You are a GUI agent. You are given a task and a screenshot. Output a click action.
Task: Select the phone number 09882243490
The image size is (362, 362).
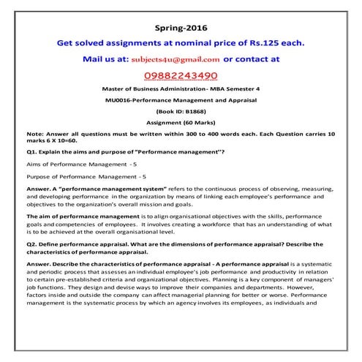(180, 75)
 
